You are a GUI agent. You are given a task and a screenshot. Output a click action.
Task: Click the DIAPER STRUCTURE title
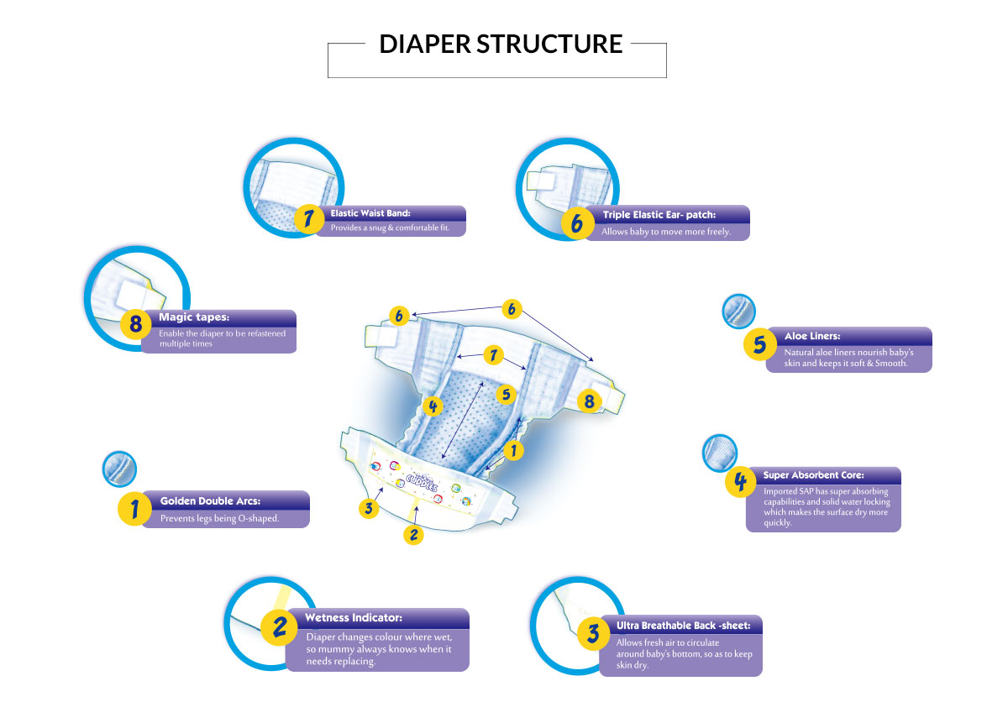coord(501,45)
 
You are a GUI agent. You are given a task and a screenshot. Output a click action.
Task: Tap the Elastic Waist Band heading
coord(370,213)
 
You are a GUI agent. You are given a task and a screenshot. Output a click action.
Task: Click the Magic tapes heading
coord(194,317)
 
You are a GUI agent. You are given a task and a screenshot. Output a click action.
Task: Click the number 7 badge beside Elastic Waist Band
coord(309,220)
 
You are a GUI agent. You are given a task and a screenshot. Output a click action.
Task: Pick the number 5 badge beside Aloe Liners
coord(759,344)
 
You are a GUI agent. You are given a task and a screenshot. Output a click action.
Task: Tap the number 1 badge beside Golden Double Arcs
coord(134,508)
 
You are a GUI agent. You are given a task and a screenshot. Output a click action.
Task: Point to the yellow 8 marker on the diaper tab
coord(589,401)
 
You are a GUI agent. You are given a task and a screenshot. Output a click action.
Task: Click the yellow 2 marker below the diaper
coord(412,535)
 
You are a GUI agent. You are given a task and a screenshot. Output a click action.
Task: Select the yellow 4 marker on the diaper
coord(433,406)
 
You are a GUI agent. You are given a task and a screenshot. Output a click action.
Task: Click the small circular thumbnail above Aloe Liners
coord(739,312)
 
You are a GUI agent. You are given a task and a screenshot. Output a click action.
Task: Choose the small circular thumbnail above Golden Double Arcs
coord(118,469)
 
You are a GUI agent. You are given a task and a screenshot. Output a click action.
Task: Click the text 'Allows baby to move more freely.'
coord(666,231)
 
